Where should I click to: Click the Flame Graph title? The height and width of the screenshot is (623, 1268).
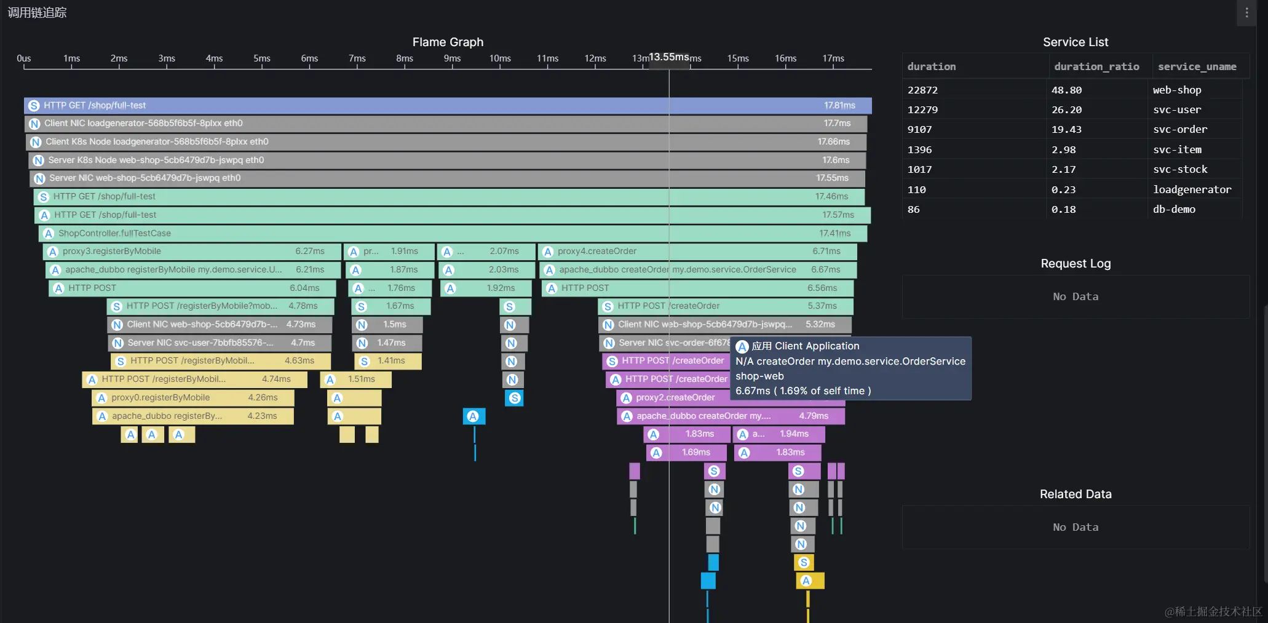[x=448, y=42]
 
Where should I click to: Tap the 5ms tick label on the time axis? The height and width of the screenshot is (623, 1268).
[x=261, y=58]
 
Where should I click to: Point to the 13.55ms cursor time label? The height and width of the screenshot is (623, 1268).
[x=669, y=57]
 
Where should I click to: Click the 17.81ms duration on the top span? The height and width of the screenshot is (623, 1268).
[x=839, y=106]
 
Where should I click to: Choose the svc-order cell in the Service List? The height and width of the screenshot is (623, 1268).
[x=1179, y=130]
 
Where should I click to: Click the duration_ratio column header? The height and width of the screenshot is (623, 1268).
[x=1096, y=66]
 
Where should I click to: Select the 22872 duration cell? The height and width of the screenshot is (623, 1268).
[x=922, y=90]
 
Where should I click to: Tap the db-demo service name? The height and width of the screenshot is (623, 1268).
[x=1174, y=210]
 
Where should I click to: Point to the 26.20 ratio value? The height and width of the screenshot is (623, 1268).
[x=1066, y=110]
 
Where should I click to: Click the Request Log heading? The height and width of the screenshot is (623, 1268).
[x=1076, y=263]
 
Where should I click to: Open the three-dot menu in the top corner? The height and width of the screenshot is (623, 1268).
[x=1246, y=13]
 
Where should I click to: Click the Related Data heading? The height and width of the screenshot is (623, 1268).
[x=1076, y=494]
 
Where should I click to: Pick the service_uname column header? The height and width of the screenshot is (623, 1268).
[x=1197, y=66]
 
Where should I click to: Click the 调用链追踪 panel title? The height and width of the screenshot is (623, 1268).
[x=37, y=13]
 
